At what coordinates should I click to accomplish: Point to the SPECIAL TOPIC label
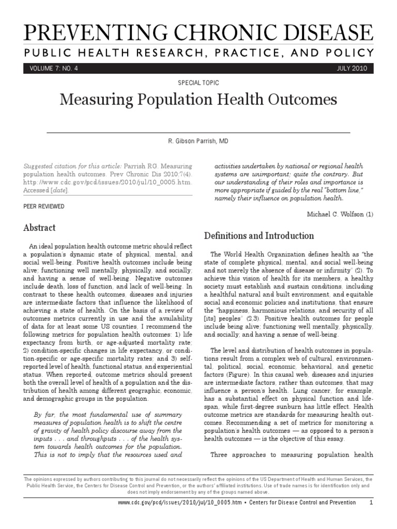198,83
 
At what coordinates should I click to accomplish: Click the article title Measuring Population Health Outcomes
198,99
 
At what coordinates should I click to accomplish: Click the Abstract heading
40,227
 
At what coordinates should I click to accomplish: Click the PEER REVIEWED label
44,206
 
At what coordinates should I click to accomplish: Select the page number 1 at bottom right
371,502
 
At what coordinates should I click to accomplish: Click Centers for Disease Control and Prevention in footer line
300,502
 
